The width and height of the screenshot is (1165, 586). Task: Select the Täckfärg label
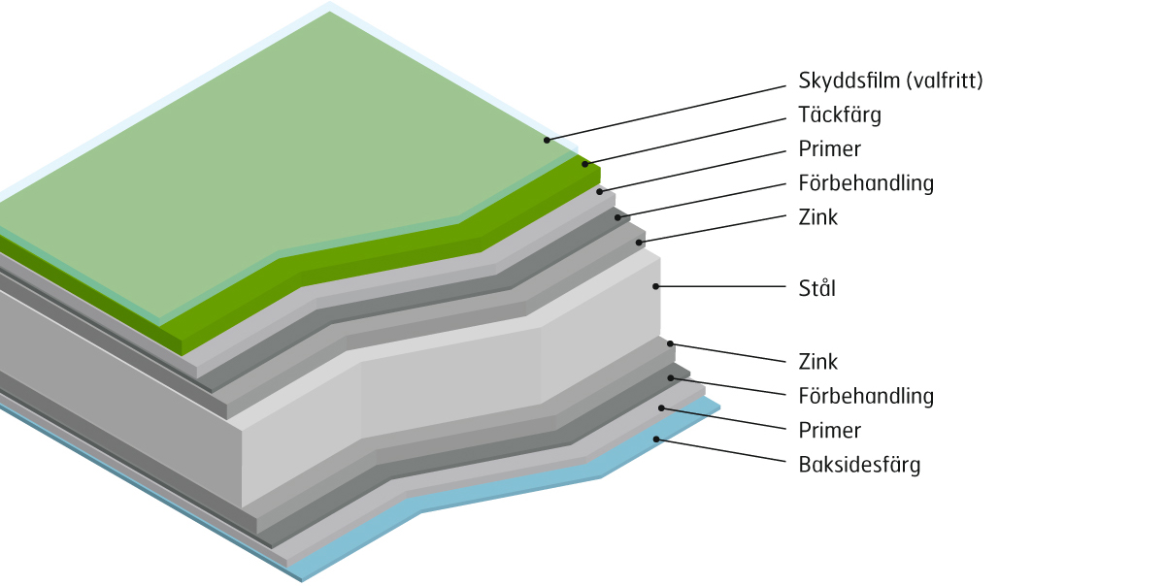click(x=840, y=114)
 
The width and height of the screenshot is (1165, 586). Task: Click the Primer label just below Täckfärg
click(x=829, y=149)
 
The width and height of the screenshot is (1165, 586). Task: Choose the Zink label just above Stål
click(x=817, y=217)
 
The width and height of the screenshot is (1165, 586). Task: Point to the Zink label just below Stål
click(x=817, y=362)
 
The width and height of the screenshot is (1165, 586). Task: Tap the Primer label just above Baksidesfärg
click(x=829, y=430)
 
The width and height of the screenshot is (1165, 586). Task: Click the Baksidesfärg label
click(x=859, y=465)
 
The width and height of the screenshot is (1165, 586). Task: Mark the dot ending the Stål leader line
click(x=656, y=286)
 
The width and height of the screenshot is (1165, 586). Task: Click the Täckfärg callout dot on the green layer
click(x=585, y=164)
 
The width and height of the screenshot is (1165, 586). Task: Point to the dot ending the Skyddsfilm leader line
click(x=547, y=141)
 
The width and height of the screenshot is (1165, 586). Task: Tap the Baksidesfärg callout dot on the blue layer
click(x=656, y=439)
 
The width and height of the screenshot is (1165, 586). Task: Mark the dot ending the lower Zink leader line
click(x=670, y=343)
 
